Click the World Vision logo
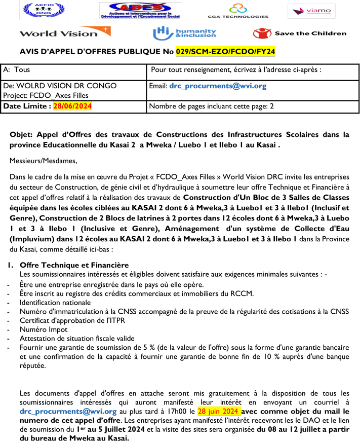coord(64,33)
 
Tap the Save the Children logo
coord(299,33)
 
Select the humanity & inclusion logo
coord(184,33)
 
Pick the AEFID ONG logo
coord(36,11)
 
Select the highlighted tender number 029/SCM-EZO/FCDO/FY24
coord(225,52)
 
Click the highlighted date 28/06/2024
coord(72,106)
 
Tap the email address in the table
coord(218,86)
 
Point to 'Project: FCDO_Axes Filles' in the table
coord(46,95)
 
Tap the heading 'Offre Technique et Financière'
coord(74,265)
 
